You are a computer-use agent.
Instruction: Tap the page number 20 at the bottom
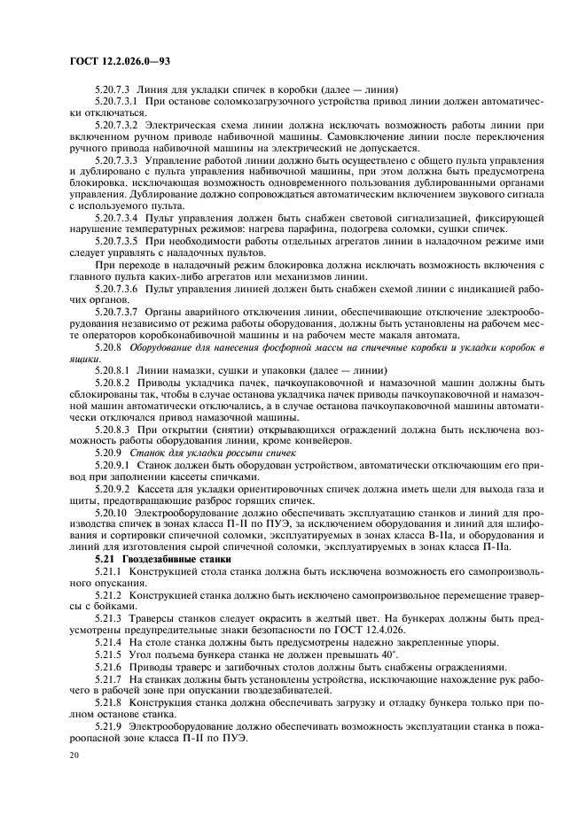tap(74, 755)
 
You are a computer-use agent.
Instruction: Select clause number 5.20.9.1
tap(112, 462)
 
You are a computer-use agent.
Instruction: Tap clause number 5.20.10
tap(110, 514)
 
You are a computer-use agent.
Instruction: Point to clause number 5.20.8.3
tap(112, 428)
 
